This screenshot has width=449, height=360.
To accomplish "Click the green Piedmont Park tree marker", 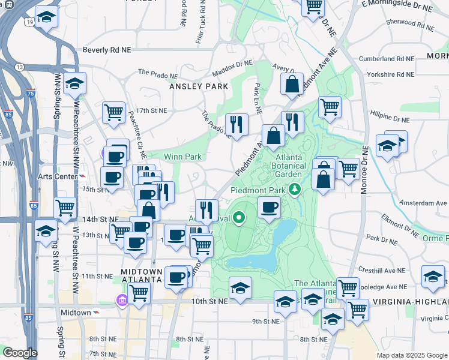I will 294,190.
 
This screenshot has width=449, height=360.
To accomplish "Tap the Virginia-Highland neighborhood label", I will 411,301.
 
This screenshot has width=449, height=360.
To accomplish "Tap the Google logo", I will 20,353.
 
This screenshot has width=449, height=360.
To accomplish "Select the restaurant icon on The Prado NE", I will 237,125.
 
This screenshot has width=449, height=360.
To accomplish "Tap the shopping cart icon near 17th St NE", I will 113,112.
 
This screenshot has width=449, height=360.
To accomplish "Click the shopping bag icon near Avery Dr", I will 292,85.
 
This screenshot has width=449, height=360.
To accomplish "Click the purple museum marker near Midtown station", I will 122,299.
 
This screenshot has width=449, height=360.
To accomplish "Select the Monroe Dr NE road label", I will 365,162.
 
